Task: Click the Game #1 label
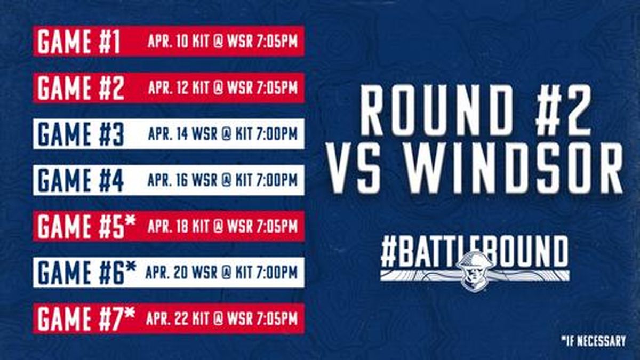pos(78,42)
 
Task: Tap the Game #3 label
pos(81,134)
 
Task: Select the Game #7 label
pos(86,318)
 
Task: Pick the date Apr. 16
pos(168,180)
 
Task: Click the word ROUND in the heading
pos(438,110)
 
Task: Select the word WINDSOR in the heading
pos(514,169)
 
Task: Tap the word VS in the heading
pos(354,169)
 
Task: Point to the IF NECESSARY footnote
pos(594,341)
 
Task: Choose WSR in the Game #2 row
pos(240,87)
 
